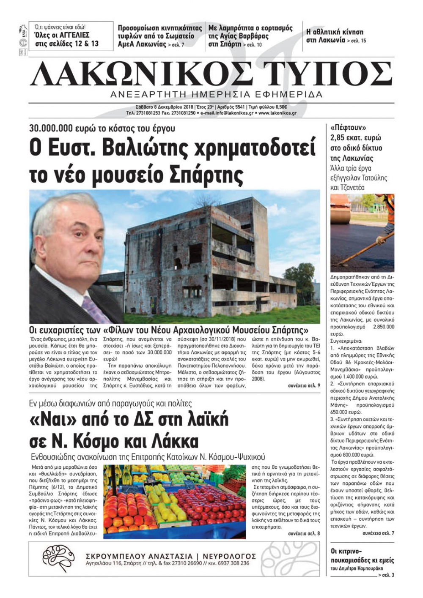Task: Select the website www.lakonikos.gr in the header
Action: click(277, 113)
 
